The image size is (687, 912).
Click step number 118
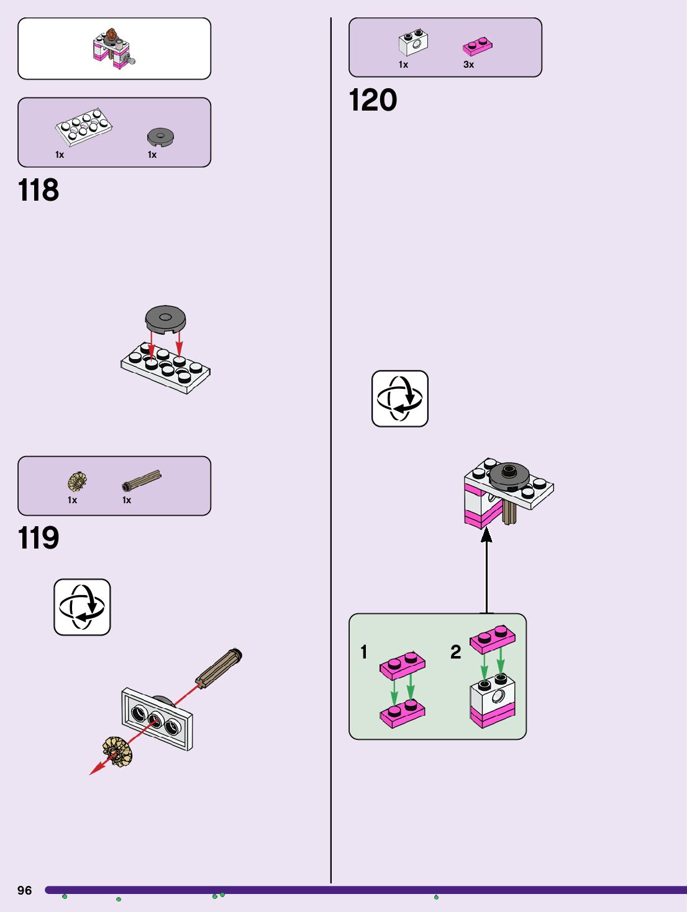pos(39,190)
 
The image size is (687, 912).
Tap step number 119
pos(39,538)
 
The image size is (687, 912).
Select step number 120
pos(373,100)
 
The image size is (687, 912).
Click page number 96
pos(24,890)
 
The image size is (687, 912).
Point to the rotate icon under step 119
pos(82,607)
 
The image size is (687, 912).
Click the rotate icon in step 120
pos(399,399)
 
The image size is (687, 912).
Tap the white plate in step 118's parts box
pos(83,126)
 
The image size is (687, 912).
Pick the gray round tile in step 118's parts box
pos(160,137)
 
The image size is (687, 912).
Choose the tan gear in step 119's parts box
pos(77,481)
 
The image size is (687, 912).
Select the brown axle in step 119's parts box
pos(142,480)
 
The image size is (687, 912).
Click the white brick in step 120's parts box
pos(413,42)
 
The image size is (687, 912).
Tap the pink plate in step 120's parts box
pos(477,46)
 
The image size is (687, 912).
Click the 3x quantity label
pos(468,65)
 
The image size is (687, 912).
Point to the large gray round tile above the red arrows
pos(165,319)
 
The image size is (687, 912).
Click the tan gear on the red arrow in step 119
pos(117,751)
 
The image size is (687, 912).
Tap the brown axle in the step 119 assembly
pos(218,667)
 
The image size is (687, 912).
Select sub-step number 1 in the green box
pos(364,652)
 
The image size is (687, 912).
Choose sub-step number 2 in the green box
pos(456,652)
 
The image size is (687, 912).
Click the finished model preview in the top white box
pos(114,48)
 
